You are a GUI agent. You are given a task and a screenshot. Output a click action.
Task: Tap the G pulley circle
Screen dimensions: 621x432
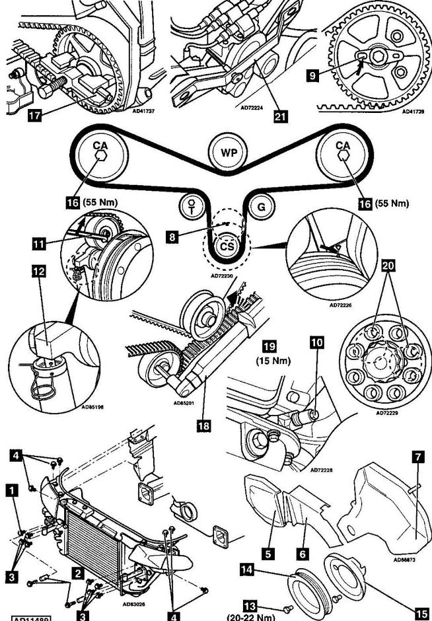click(261, 207)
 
